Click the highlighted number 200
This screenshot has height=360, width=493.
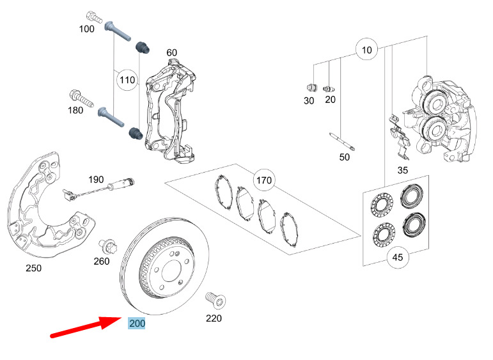137,324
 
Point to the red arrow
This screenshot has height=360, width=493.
86,327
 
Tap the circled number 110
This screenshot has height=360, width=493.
127,80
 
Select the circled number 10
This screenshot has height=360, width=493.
366,50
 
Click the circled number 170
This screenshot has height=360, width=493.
264,180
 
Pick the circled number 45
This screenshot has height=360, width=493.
398,257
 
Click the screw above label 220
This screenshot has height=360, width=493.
215,300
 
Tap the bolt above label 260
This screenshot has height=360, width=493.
107,246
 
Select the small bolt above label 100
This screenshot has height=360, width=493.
94,17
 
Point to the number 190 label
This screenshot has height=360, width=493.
96,180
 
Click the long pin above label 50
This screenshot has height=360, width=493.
342,141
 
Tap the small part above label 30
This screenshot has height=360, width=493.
311,88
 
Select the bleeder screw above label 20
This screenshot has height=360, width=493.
329,88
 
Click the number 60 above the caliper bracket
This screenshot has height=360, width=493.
171,52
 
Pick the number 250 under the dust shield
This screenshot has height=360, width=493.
34,268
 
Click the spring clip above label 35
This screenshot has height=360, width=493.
398,137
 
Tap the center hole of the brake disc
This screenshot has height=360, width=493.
172,271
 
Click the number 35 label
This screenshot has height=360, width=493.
402,170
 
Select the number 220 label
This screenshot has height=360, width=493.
214,318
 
